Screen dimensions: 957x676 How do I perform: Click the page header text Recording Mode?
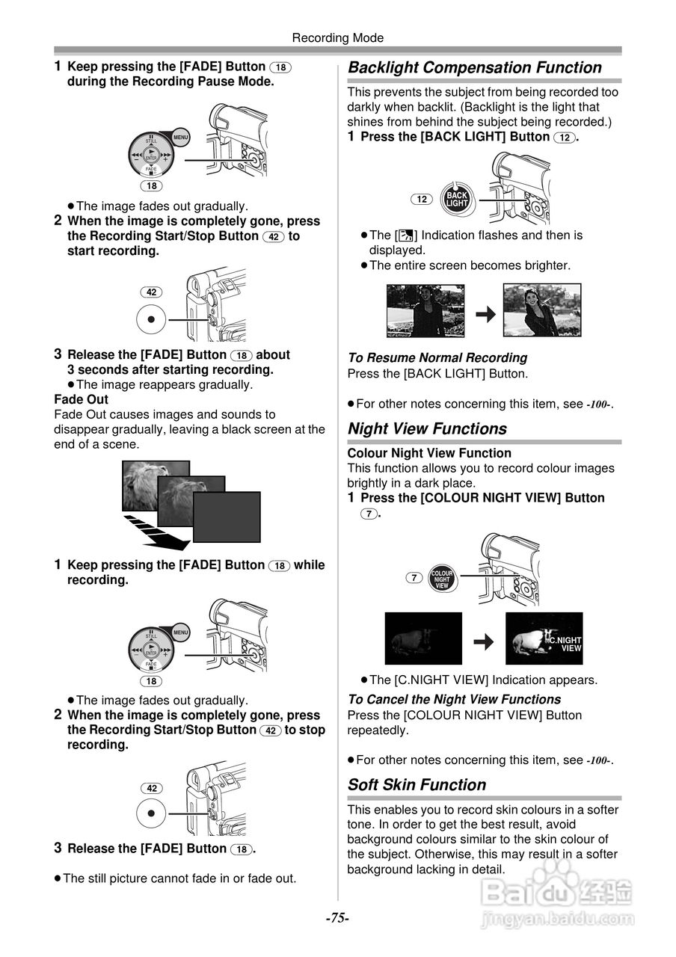click(x=337, y=37)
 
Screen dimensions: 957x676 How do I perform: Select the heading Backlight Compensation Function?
click(x=475, y=68)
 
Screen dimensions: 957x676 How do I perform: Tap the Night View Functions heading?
click(x=427, y=429)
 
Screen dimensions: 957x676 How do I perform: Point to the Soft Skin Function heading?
click(x=417, y=785)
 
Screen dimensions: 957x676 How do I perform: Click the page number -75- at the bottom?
click(x=337, y=918)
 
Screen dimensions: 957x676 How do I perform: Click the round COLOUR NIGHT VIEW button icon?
click(x=442, y=579)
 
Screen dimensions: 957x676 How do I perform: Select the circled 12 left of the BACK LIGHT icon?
click(x=422, y=200)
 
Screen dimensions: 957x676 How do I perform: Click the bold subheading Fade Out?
click(x=81, y=400)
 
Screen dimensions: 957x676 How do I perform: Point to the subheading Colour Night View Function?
click(x=429, y=453)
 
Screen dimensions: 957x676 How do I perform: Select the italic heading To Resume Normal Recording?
click(x=437, y=358)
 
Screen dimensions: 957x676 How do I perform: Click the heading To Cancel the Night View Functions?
click(x=454, y=700)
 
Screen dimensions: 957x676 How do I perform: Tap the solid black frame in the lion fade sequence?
click(x=227, y=517)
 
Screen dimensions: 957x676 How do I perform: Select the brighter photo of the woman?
click(x=542, y=310)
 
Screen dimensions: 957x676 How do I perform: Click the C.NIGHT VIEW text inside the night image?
click(x=565, y=644)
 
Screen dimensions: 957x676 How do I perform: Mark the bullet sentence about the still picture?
click(x=179, y=878)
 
